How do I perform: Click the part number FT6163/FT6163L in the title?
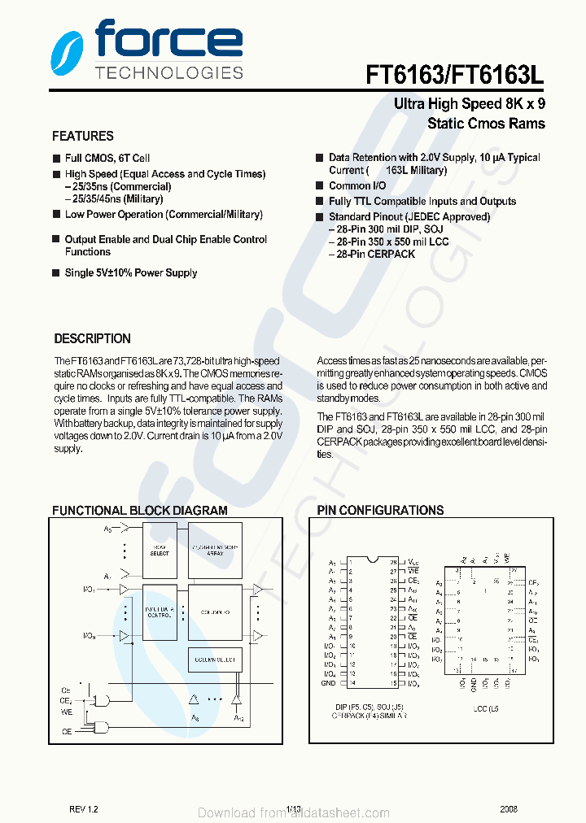coord(455,76)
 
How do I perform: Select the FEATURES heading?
coord(83,137)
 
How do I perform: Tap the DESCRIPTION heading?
coord(92,339)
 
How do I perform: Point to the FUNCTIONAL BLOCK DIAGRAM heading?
coord(140,511)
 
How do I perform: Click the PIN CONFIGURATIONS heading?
coord(380,511)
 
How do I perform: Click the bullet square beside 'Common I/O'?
coord(320,186)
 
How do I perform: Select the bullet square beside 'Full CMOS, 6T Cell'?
coord(56,159)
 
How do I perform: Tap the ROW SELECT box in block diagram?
coord(160,551)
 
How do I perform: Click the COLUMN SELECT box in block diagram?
coord(214,660)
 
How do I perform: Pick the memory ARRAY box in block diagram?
coord(214,551)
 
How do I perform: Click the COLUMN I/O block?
coord(214,612)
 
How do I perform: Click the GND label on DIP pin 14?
coord(329,684)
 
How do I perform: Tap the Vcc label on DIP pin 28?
coord(413,562)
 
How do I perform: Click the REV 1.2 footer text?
coord(83,810)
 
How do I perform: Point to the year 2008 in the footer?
coord(509,810)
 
